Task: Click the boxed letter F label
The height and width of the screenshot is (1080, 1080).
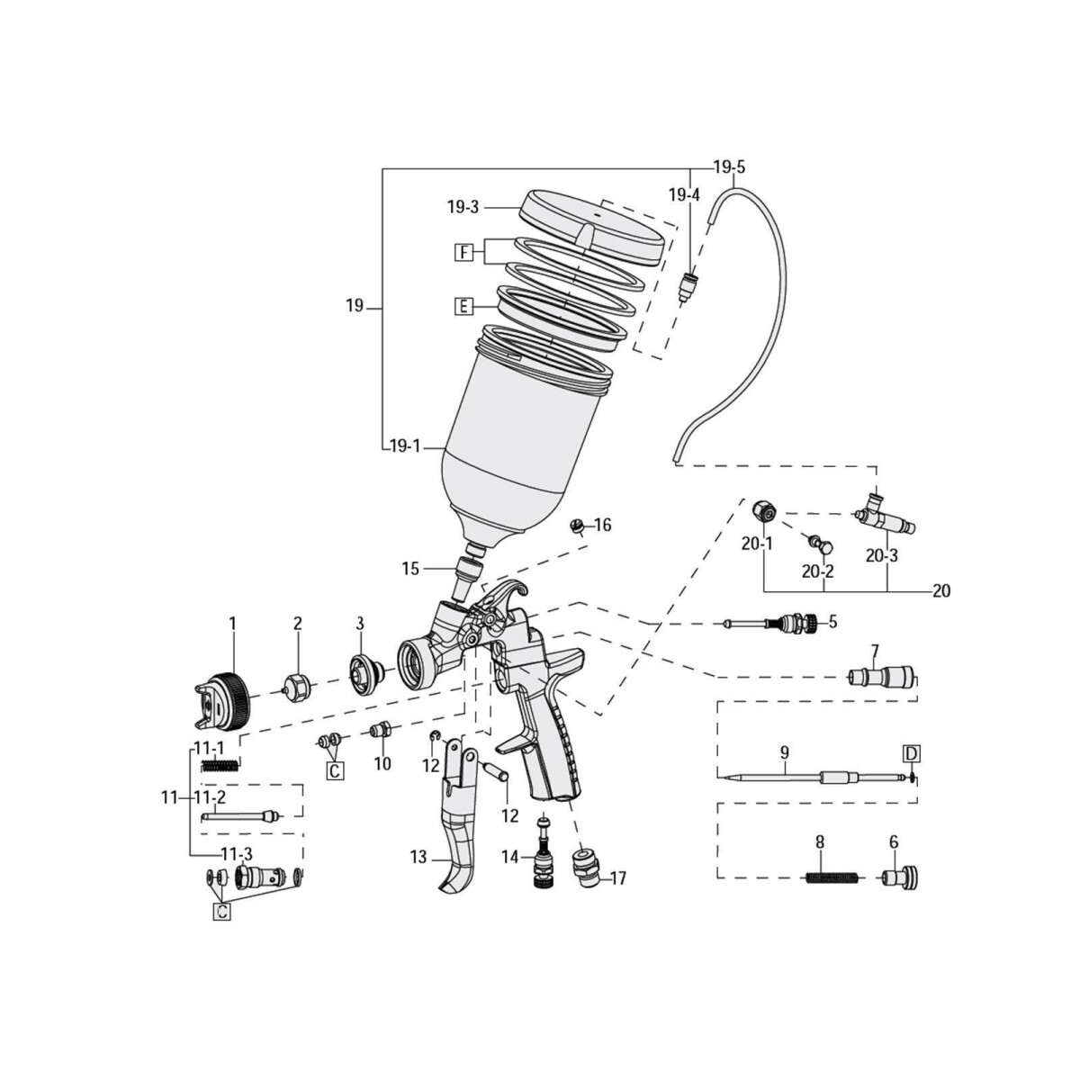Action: (463, 253)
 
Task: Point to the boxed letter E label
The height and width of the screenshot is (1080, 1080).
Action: (463, 307)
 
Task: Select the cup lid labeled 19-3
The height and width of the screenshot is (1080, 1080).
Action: (592, 229)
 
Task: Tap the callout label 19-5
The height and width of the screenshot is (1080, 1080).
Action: (729, 167)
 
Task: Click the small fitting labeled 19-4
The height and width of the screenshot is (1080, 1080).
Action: (688, 286)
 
